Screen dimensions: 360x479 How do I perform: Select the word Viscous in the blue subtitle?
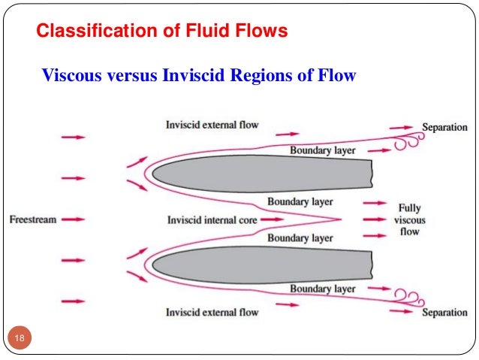[68, 76]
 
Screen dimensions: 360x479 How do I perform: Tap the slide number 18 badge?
[19, 340]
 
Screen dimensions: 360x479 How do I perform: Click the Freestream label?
[33, 219]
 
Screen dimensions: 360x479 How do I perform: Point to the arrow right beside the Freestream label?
[73, 219]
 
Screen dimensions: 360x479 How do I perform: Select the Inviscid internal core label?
[211, 219]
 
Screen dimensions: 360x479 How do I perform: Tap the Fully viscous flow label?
[409, 219]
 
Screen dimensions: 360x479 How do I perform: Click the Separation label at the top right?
[444, 128]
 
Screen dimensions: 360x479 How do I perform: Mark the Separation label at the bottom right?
[444, 312]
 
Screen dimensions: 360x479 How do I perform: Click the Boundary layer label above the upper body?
[322, 151]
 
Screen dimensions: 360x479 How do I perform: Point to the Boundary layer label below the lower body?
[322, 289]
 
